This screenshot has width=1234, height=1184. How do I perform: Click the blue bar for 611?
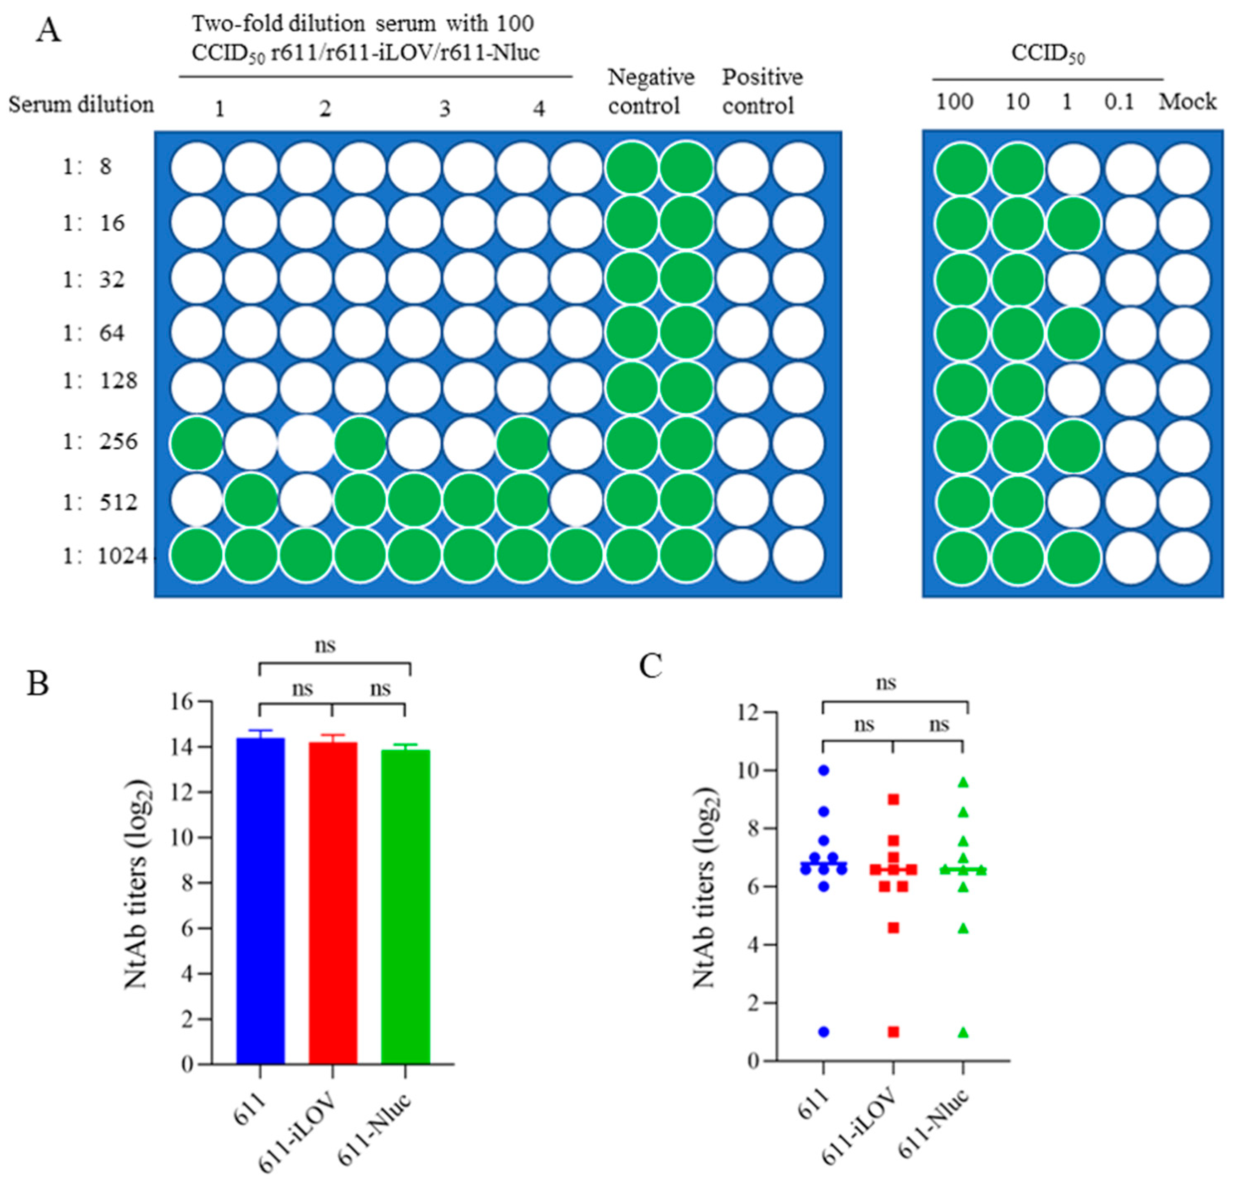[260, 900]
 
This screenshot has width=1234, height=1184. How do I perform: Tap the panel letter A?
[49, 31]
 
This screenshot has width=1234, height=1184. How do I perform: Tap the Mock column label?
[1188, 102]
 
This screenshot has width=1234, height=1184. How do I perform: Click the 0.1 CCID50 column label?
[1119, 102]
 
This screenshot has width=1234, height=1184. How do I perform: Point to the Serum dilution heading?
[81, 105]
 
